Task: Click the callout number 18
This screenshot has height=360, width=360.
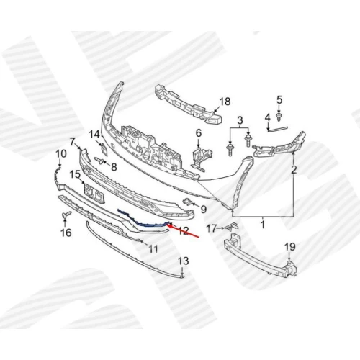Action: pyautogui.click(x=225, y=102)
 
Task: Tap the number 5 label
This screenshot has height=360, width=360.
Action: pyautogui.click(x=279, y=99)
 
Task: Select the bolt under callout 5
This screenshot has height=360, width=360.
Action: pyautogui.click(x=279, y=117)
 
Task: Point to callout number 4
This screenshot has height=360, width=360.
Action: pyautogui.click(x=267, y=117)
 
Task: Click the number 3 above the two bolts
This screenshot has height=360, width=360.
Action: pyautogui.click(x=240, y=120)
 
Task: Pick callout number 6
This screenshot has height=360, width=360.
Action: pyautogui.click(x=199, y=133)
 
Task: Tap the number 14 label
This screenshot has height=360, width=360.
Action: pyautogui.click(x=94, y=135)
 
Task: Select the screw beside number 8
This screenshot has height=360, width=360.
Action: pyautogui.click(x=100, y=161)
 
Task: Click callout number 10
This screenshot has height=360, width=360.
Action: pyautogui.click(x=61, y=154)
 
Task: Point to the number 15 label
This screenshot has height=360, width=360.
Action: pyautogui.click(x=76, y=174)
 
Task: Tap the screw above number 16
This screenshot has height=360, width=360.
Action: pyautogui.click(x=66, y=215)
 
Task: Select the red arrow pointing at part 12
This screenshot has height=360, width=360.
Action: pyautogui.click(x=183, y=231)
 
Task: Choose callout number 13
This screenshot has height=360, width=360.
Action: pyautogui.click(x=184, y=261)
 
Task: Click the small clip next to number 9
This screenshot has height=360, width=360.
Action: pyautogui.click(x=188, y=202)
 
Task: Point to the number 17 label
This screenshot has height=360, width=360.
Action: pyautogui.click(x=212, y=228)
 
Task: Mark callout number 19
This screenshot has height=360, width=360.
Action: pyautogui.click(x=290, y=247)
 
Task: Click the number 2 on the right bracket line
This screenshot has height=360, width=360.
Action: pyautogui.click(x=294, y=170)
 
